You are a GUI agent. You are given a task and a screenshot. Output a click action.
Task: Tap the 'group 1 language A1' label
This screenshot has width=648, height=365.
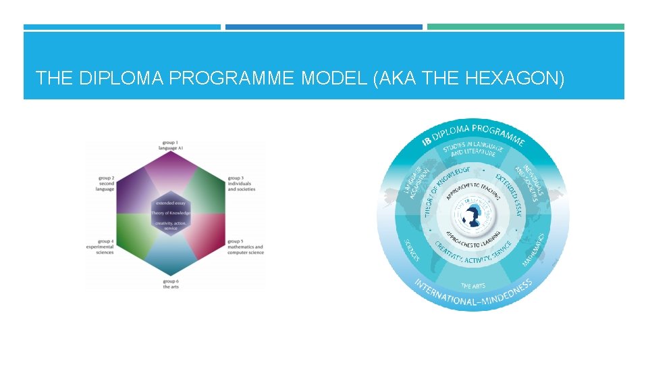click(168, 145)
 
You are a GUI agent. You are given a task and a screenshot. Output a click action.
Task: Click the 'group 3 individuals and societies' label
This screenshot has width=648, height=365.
click(241, 183)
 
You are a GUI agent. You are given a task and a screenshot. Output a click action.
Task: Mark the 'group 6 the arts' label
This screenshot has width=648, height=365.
click(170, 284)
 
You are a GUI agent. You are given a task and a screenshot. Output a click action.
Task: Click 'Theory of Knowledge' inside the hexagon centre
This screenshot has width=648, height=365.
click(171, 214)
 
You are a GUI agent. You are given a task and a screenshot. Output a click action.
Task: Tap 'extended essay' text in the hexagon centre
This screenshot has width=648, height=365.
click(171, 203)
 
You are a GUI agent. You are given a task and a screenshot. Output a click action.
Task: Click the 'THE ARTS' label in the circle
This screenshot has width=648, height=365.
click(473, 286)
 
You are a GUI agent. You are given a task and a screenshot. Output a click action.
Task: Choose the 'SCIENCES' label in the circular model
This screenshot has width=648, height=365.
click(412, 249)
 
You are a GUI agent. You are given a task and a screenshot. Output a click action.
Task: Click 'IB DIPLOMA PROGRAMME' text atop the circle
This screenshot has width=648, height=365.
click(473, 132)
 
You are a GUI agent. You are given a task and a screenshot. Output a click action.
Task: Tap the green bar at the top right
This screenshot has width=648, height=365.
click(526, 27)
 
